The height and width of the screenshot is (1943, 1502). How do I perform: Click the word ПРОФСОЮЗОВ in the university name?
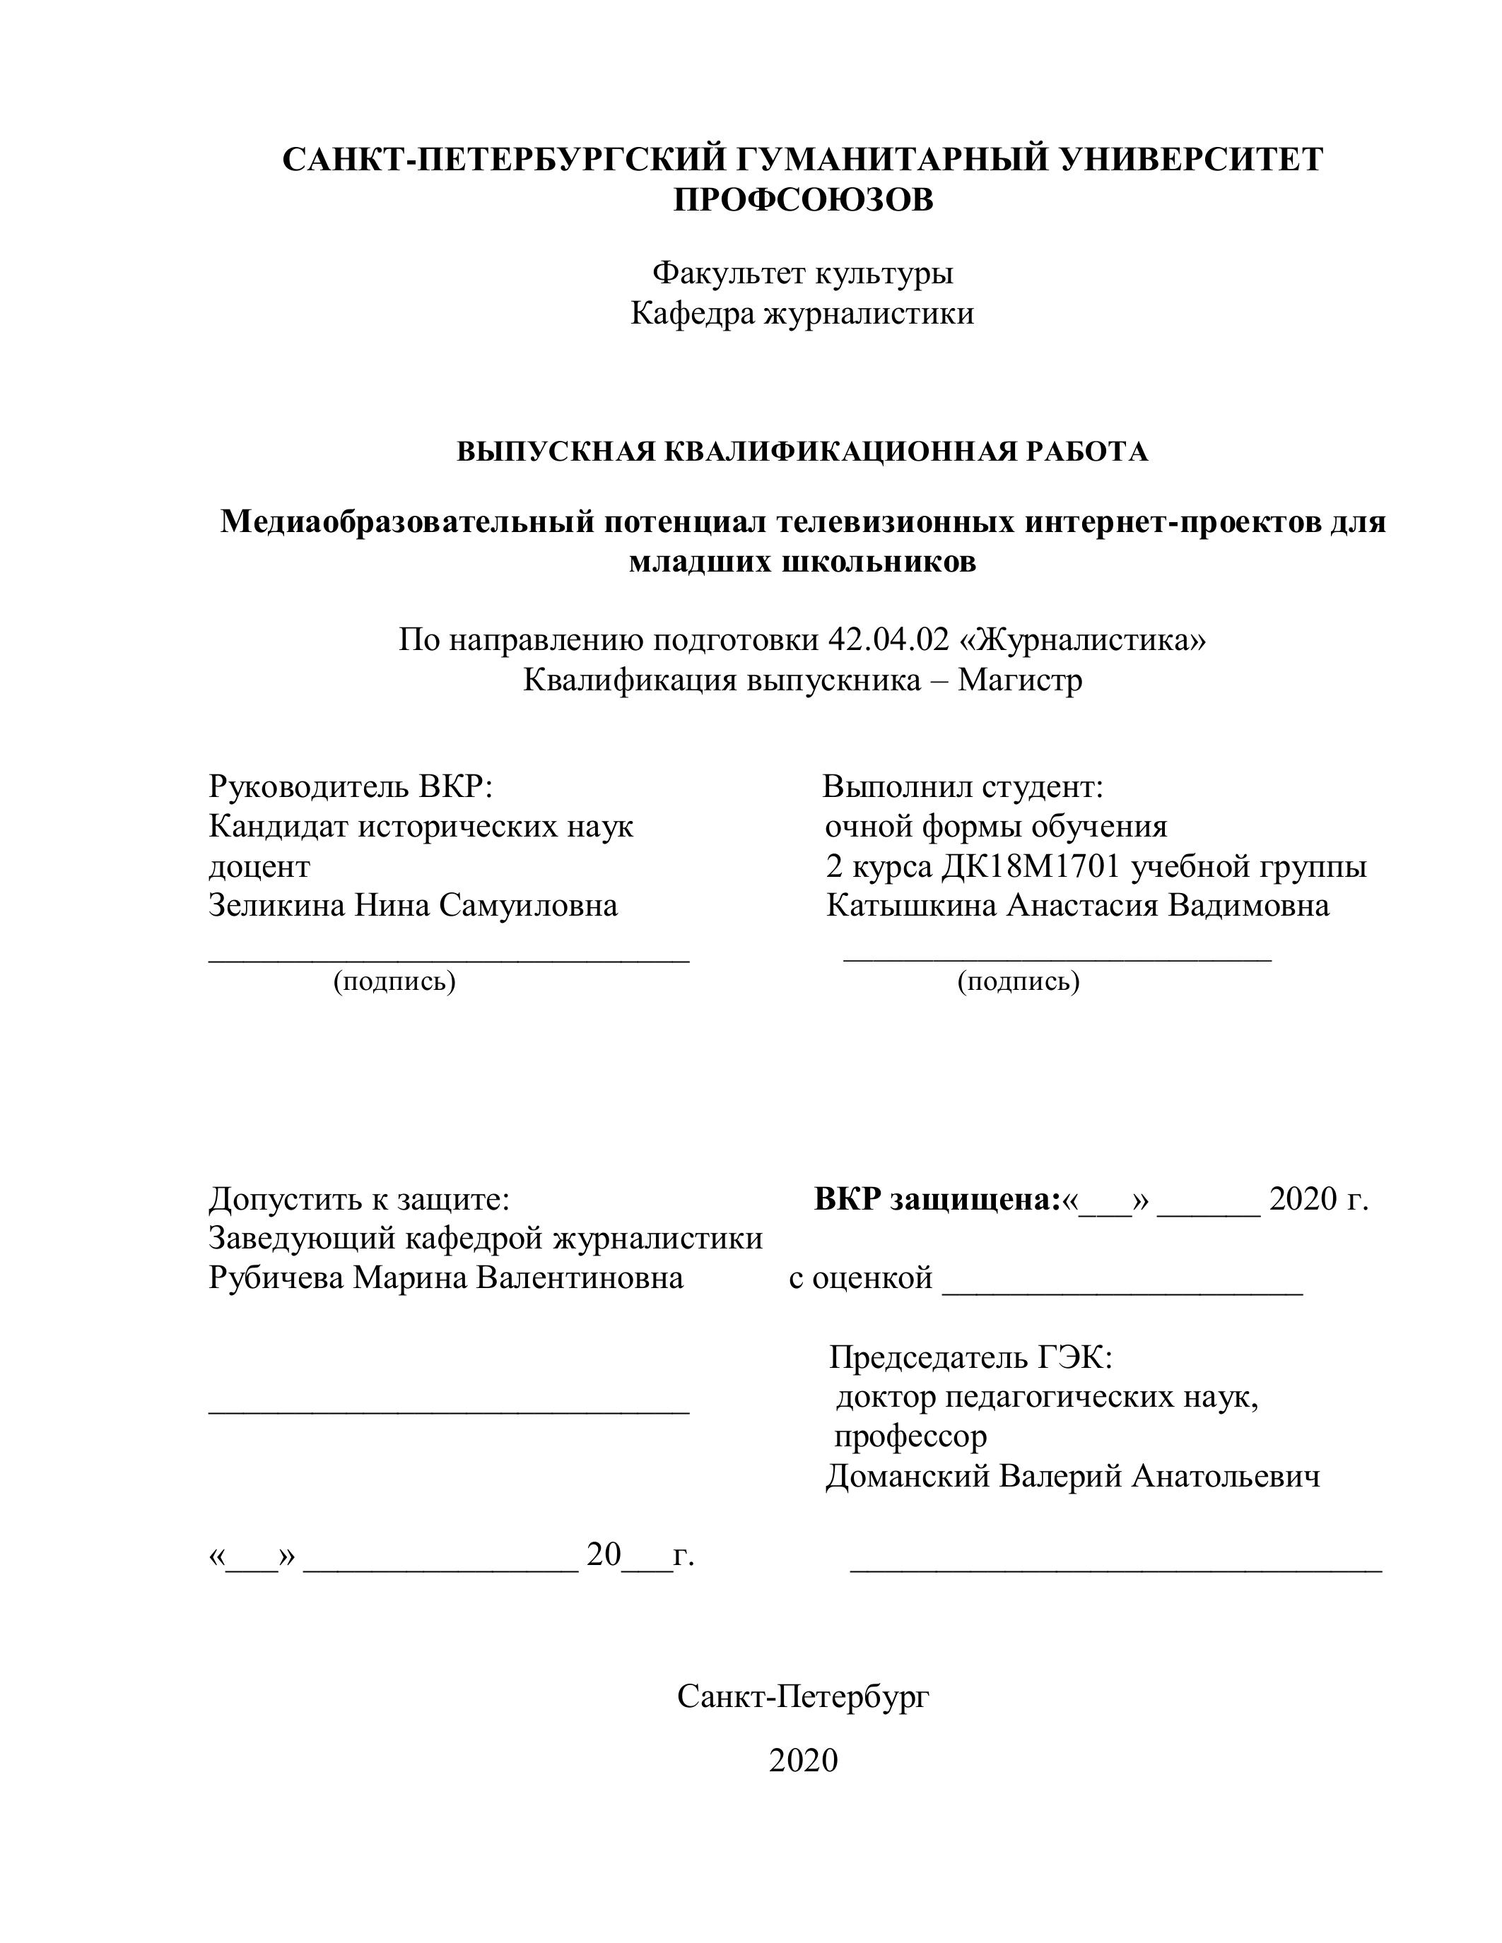click(x=803, y=200)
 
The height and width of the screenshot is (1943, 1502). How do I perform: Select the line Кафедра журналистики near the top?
click(x=803, y=313)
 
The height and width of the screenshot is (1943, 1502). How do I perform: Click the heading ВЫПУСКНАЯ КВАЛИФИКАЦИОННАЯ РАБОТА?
click(x=803, y=452)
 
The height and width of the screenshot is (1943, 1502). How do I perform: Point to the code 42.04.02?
click(x=888, y=639)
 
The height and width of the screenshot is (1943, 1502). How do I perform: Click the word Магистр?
click(x=1020, y=680)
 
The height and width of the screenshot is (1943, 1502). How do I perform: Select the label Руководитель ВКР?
click(x=351, y=786)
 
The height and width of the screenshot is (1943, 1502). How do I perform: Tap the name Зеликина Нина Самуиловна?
click(x=413, y=906)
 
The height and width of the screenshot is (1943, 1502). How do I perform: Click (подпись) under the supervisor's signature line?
click(x=394, y=981)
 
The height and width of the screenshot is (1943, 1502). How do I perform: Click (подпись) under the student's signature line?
click(x=1018, y=981)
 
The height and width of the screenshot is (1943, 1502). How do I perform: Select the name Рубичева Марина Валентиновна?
click(x=446, y=1277)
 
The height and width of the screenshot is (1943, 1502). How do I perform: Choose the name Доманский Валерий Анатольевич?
click(x=1072, y=1476)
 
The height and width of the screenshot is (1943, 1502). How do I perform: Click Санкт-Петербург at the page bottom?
click(x=803, y=1696)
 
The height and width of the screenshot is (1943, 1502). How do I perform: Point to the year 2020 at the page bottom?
click(x=803, y=1761)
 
